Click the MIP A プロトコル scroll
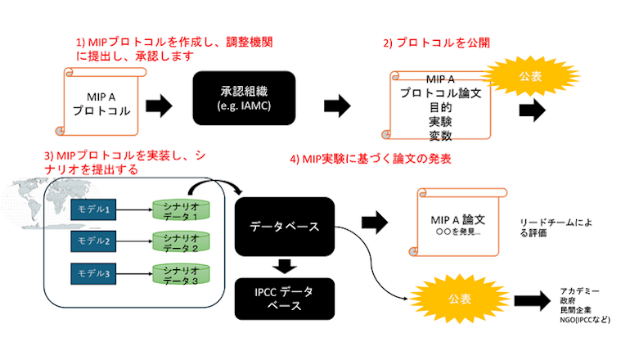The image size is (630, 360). (102, 103)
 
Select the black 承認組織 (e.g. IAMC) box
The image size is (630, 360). (244, 100)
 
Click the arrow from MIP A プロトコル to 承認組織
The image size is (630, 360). (159, 105)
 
